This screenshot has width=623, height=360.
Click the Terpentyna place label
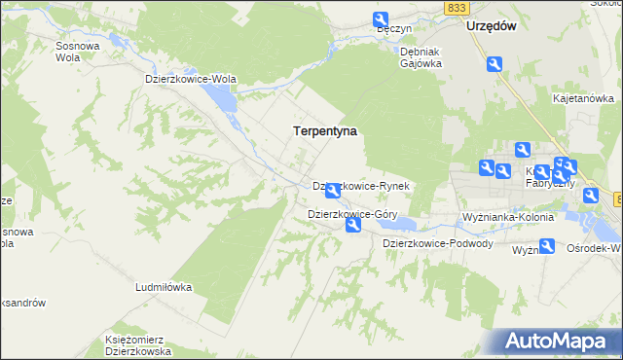pyautogui.click(x=325, y=129)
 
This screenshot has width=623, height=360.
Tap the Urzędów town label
pyautogui.click(x=490, y=26)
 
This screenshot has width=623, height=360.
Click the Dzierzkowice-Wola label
pyautogui.click(x=191, y=79)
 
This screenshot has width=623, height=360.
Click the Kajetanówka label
pyautogui.click(x=583, y=98)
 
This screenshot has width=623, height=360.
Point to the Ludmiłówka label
pyautogui.click(x=163, y=288)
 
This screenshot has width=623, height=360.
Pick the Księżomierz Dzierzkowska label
pyautogui.click(x=138, y=345)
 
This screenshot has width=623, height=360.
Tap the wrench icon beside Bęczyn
pyautogui.click(x=380, y=18)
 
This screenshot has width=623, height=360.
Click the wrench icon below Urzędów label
pyautogui.click(x=495, y=64)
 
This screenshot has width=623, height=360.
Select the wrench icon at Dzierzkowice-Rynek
pyautogui.click(x=333, y=191)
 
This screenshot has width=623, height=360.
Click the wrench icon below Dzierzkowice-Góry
pyautogui.click(x=353, y=227)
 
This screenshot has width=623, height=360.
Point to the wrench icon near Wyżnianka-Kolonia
pyautogui.click(x=547, y=246)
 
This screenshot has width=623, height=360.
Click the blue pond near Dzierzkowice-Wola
pyautogui.click(x=223, y=98)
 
